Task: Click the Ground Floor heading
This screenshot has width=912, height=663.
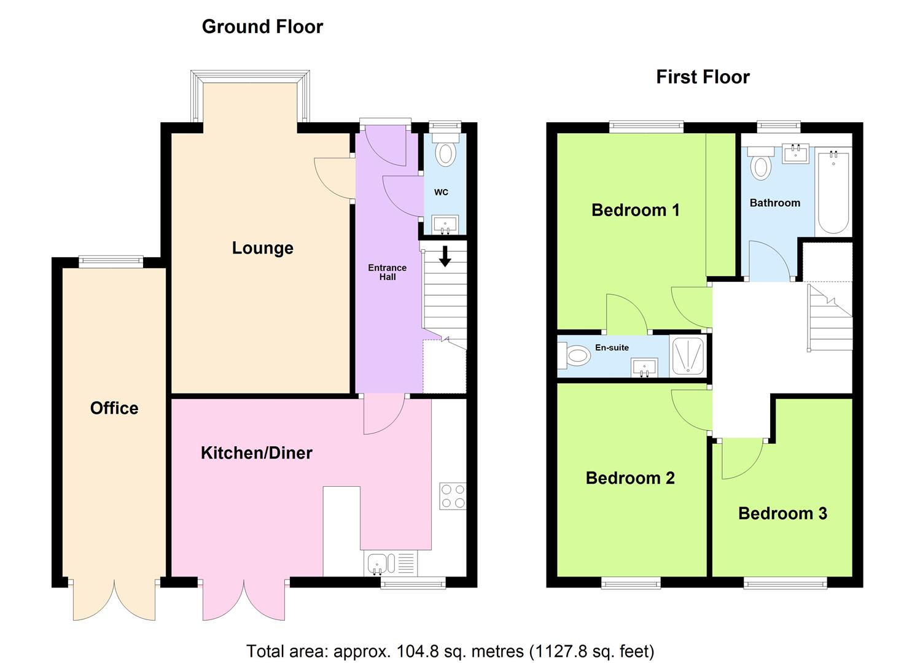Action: pos(262,27)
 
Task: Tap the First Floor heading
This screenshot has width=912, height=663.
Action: pos(703,77)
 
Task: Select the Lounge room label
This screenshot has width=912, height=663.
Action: pos(263,248)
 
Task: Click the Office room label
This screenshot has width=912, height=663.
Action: pos(114,408)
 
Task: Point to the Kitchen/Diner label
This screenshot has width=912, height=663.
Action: pos(257,453)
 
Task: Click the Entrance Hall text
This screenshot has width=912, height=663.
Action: pos(387,273)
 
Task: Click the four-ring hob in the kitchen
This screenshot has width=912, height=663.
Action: pos(453,496)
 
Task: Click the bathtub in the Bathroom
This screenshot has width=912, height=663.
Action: pos(833,193)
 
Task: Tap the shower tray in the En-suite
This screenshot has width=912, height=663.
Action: pos(688,355)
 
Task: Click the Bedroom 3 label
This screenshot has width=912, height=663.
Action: pos(782,513)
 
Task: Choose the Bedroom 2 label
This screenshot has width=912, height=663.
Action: pos(630,478)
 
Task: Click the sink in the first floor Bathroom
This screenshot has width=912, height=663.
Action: pos(795,153)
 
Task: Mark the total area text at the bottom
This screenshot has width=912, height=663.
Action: pos(450,651)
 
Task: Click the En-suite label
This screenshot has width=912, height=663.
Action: pos(612,347)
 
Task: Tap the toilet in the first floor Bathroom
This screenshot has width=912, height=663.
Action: pos(760,163)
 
